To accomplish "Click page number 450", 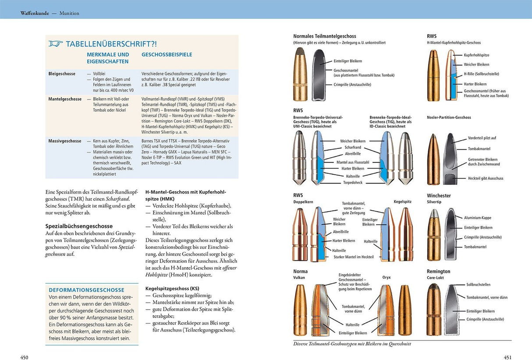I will tap(25, 357).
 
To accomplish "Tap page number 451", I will tap(507, 357).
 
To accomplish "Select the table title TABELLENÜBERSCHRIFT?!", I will tap(111, 44).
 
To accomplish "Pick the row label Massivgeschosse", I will tap(65, 141).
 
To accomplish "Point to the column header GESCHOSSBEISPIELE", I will tap(167, 55).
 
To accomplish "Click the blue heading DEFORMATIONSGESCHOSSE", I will tap(86, 290).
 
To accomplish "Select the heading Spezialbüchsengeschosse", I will tap(79, 226).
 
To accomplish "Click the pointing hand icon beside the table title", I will tap(56, 44).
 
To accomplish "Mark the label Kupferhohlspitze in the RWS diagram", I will tap(476, 55).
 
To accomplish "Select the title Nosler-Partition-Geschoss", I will tap(449, 117).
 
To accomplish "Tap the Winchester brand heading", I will tap(439, 196).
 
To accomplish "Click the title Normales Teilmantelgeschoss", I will tap(324, 36).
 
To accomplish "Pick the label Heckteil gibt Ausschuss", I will tap(486, 178).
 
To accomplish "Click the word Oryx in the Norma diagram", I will tap(386, 277).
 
